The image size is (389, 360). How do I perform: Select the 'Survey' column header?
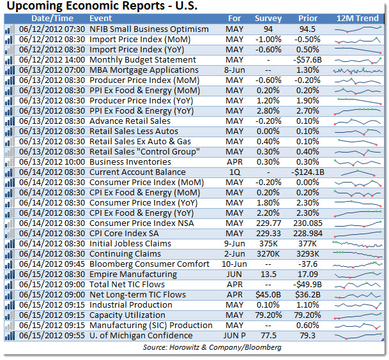[268, 19]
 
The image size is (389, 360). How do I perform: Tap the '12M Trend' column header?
[358, 19]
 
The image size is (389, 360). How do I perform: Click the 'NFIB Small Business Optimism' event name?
[149, 29]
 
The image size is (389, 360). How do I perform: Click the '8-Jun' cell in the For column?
[234, 70]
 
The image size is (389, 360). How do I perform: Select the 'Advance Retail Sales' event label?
[130, 121]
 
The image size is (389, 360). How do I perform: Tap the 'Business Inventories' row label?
[128, 161]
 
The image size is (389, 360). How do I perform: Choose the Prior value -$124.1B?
[308, 172]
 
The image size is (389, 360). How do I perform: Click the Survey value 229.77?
[268, 223]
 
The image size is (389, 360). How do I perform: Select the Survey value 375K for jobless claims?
[268, 243]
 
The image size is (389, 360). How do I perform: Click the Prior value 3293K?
[308, 253]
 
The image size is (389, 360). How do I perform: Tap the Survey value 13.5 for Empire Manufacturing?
[268, 274]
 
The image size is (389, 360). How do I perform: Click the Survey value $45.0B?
[268, 294]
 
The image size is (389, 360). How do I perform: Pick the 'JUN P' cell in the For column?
[234, 335]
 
